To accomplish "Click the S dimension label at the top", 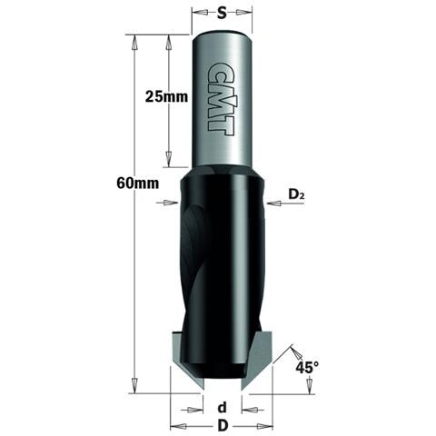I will click(222, 14).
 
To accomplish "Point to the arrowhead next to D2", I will click(275, 203).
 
